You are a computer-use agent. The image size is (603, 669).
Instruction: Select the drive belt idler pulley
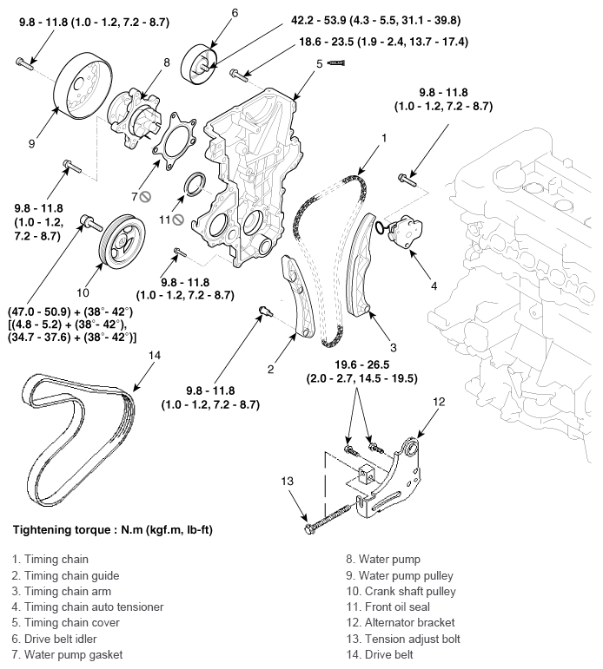point(199,64)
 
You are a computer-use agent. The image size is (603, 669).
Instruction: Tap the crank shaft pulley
point(122,241)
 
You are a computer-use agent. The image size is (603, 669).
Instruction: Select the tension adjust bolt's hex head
point(310,529)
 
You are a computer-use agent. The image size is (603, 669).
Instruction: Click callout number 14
point(155,355)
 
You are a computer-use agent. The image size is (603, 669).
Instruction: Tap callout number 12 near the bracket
point(439,402)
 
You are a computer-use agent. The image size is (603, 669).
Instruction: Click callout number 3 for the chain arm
point(394,348)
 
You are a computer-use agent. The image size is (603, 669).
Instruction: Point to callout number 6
point(235,13)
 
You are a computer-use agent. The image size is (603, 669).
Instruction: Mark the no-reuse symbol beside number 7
point(146,197)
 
